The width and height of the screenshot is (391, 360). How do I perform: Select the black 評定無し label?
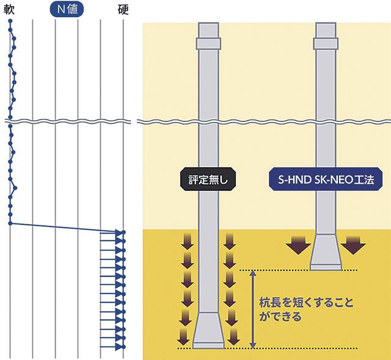pos(207,180)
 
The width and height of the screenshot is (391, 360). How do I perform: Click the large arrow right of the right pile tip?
pos(353,246)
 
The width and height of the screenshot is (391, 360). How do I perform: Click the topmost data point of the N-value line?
pos(10,21)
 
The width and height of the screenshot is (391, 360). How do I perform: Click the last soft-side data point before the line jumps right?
pos(10,223)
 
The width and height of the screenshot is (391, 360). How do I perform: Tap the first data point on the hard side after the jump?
pos(123,232)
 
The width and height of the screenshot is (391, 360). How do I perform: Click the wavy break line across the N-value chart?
pos(67,120)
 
